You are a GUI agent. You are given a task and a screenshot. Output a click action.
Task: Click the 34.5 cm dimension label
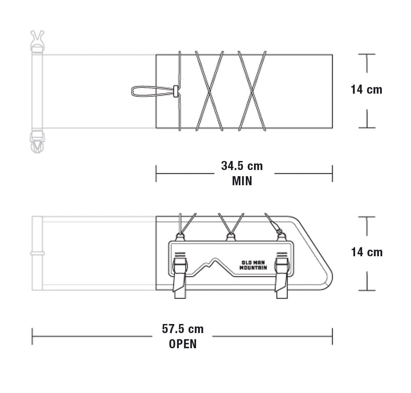click(x=242, y=166)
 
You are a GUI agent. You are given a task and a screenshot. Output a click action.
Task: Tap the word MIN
click(x=242, y=181)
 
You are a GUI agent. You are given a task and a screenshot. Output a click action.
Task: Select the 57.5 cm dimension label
click(x=183, y=329)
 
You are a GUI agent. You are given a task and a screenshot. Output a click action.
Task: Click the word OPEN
click(x=183, y=344)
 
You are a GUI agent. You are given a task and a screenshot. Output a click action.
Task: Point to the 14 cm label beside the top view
click(x=367, y=90)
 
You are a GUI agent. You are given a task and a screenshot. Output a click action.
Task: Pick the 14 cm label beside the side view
click(x=367, y=252)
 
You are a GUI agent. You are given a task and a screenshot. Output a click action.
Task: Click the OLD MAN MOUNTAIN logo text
click(x=253, y=265)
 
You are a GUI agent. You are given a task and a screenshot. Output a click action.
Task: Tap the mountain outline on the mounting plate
click(x=215, y=267)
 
